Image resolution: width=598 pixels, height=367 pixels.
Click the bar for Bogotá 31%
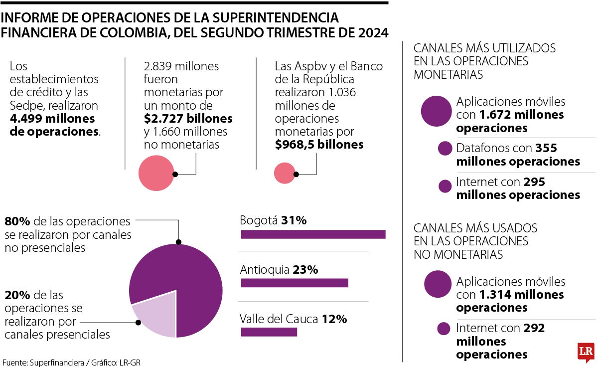pos(313,234)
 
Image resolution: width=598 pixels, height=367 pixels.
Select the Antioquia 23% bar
pos(294,283)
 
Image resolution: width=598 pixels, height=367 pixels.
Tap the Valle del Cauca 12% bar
pos(269,332)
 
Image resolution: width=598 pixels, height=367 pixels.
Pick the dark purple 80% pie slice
pos(184,279)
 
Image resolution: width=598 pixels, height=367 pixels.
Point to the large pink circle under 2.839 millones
pos(155,173)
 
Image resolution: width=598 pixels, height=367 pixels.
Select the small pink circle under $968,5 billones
pos(285,173)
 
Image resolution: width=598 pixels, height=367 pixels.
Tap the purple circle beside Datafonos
pos(445,149)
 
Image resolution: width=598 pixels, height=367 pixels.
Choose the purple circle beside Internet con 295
pos(445,186)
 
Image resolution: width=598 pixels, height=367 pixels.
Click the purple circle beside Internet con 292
pos(444,329)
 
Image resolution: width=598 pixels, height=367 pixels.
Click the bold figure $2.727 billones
pos(188,119)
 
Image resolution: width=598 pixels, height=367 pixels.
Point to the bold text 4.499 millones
pos(52,119)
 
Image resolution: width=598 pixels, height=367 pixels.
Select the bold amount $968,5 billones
pos(319,145)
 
